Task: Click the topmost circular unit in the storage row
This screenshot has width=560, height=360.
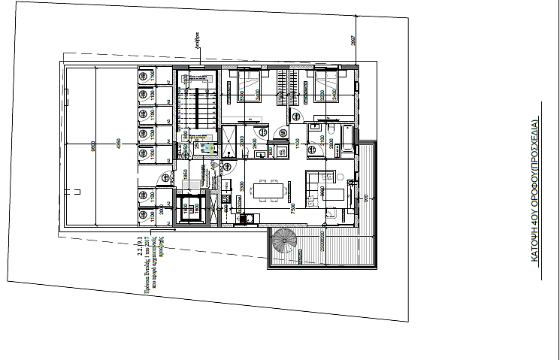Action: pos(143,75)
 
